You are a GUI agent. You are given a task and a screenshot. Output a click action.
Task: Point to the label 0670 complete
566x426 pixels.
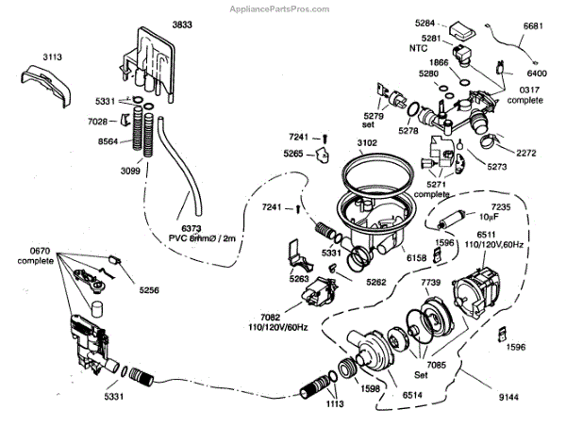[x=41, y=254]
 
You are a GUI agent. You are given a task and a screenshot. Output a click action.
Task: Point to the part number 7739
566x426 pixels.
[x=430, y=284]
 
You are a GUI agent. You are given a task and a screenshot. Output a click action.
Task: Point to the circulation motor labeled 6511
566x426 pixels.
[x=481, y=287]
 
